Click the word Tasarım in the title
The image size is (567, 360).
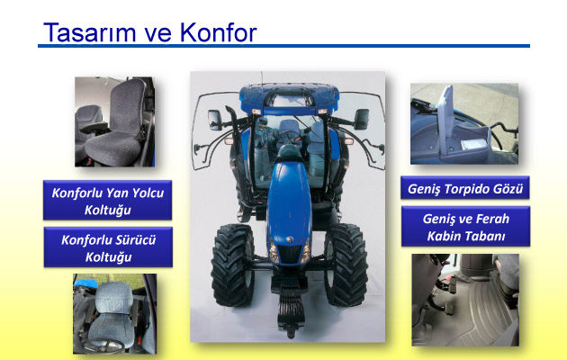coord(90,32)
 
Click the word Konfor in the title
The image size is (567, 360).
coord(218,32)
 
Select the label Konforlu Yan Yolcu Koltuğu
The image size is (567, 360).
coord(107,200)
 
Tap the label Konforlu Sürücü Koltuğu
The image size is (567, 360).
coord(108,247)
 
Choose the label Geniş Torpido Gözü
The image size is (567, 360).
coord(465,188)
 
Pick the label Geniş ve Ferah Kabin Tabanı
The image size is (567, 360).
coord(466,227)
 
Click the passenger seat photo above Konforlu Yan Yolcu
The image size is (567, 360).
coord(114,121)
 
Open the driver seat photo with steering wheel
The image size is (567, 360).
coord(114,314)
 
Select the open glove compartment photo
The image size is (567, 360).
coord(464,124)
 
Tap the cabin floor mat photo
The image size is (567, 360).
coord(465,300)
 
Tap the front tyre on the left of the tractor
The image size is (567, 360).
coord(232,265)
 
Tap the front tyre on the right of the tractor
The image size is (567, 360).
coord(346,265)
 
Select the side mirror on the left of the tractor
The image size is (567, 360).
coord(214,120)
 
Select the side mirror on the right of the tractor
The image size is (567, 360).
coord(362,120)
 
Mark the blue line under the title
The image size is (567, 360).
coord(283,46)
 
